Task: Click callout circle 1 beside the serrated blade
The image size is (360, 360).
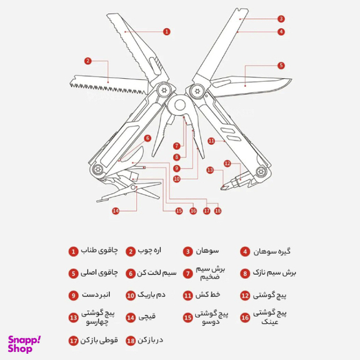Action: pos(167,31)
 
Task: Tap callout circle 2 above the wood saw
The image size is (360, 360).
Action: pos(87,61)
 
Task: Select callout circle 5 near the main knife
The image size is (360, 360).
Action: pos(281,66)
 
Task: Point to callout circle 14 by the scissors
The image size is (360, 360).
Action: pos(116,211)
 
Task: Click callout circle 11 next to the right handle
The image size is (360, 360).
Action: pos(211,141)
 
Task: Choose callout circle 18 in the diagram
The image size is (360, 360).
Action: pos(218,211)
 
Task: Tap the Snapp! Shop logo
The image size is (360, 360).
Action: pos(24,344)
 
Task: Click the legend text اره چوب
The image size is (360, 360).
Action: pos(149,251)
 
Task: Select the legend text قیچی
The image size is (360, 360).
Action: pos(147,317)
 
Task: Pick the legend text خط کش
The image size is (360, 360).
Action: pos(207,294)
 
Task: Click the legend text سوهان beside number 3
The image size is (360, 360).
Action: pos(207,251)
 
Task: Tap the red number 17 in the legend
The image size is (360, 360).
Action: pos(74,341)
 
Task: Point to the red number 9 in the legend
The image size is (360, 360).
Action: pos(74,295)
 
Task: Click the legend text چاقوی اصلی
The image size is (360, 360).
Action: pos(99,272)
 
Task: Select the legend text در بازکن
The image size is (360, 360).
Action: pos(151,340)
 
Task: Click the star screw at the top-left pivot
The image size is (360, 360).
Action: pos(164,90)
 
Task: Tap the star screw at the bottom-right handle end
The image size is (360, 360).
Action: pos(261,171)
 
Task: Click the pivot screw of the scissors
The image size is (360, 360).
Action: pos(133,187)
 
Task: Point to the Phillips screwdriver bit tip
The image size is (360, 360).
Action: pos(222,188)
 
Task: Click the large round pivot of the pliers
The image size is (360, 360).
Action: pos(179,105)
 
